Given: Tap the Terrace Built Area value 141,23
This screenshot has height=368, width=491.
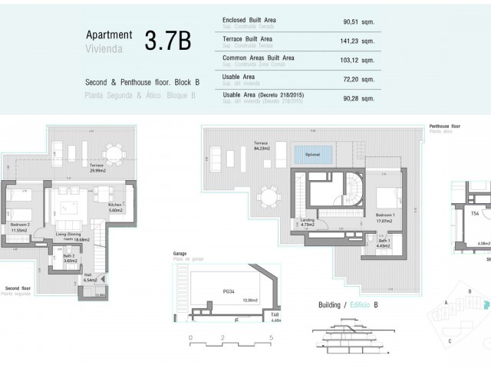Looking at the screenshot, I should (x=357, y=41).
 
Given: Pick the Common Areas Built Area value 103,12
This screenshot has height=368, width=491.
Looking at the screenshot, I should (x=357, y=60).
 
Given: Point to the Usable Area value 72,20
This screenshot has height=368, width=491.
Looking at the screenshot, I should (x=358, y=78).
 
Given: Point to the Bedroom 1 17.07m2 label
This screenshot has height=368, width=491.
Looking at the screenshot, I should (x=387, y=217).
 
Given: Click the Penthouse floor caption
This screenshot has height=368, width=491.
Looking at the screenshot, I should (x=446, y=127).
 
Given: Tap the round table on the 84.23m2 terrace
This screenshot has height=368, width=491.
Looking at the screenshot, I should (x=269, y=199).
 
